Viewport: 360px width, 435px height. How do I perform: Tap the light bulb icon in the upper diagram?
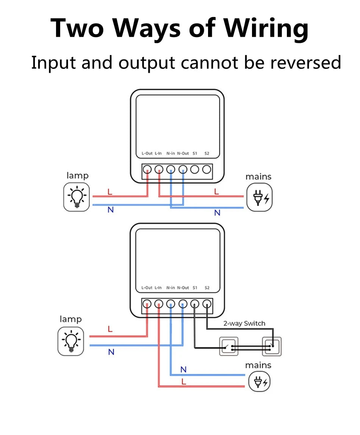point(77,197)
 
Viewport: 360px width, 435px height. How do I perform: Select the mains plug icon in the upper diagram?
point(259,197)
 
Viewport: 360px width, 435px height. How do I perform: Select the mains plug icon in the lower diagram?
point(260,382)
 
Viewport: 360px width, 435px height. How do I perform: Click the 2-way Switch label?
point(244,323)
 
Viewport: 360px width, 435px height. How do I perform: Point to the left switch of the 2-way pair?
point(229,346)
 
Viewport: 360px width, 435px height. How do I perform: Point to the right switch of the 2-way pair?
point(272,346)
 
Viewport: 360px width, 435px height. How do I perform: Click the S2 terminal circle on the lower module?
point(207,304)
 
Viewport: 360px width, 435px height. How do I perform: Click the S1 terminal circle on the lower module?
point(195,304)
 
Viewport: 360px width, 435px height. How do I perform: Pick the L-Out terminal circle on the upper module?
point(147,169)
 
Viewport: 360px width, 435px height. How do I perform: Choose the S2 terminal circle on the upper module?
point(207,169)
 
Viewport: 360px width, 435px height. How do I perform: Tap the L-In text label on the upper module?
point(158,153)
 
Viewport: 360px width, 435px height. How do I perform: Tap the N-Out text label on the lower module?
point(183,288)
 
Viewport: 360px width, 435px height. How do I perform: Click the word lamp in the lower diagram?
point(70,319)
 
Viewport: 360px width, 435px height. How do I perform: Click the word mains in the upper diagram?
point(258,176)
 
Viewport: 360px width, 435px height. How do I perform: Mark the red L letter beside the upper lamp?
point(110,192)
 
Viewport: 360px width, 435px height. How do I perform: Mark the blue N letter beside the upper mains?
point(217,213)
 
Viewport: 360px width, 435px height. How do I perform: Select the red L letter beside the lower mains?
point(184,382)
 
